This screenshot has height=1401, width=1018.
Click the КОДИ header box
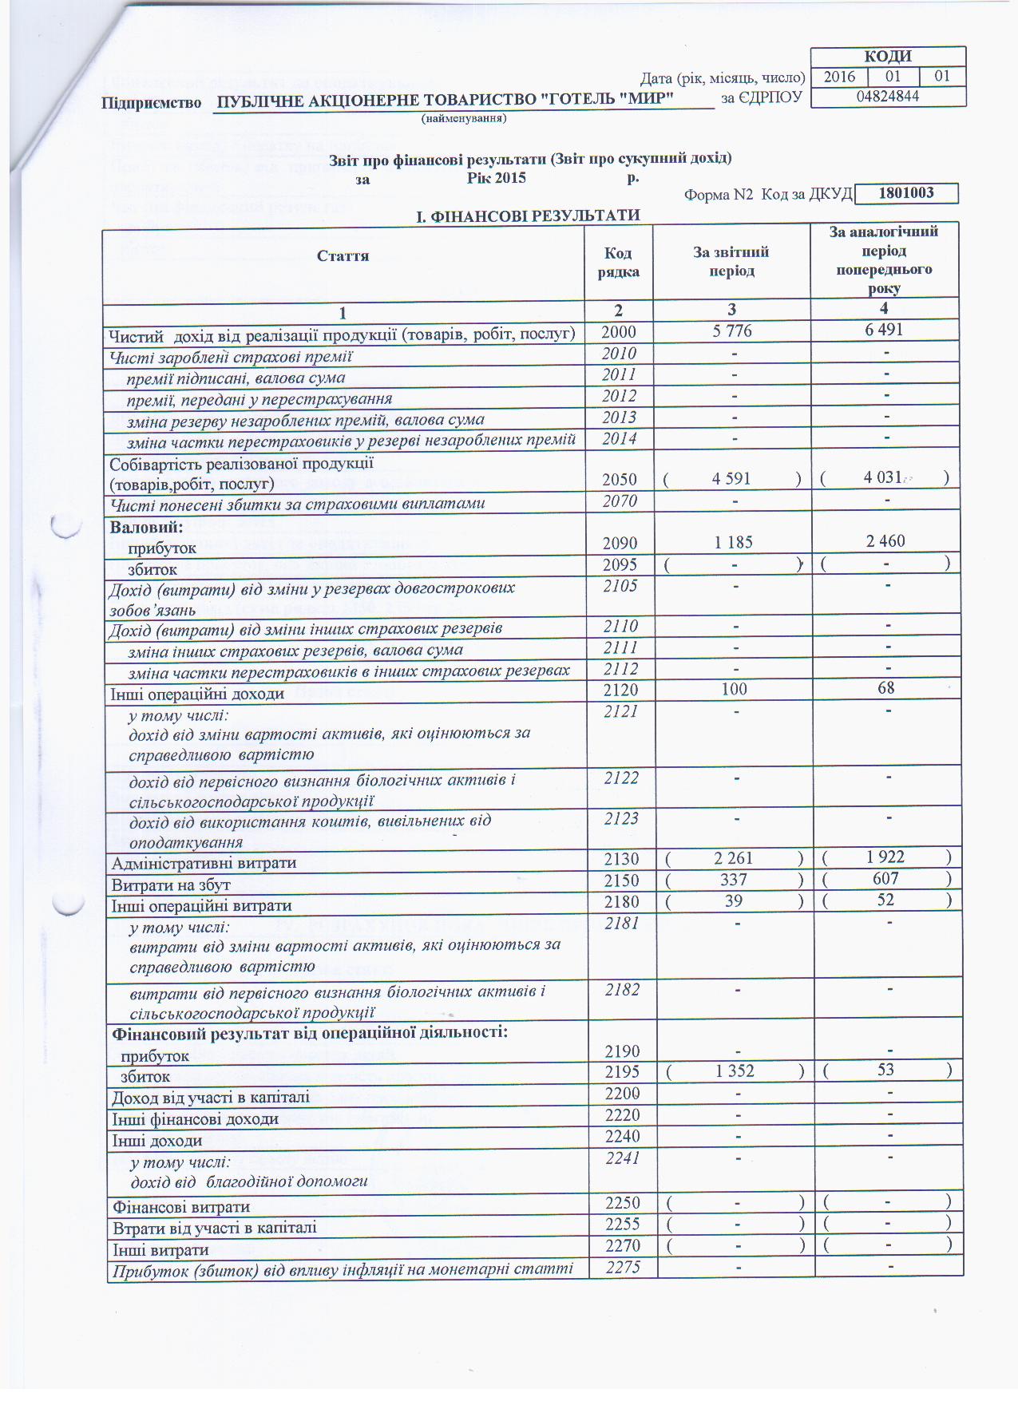pyautogui.click(x=888, y=56)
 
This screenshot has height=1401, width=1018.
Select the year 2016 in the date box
pyautogui.click(x=839, y=77)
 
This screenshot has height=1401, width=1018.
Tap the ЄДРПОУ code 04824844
pyautogui.click(x=888, y=97)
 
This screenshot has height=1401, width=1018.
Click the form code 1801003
pyautogui.click(x=905, y=193)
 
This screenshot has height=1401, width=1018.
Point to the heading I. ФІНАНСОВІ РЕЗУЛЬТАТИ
pyautogui.click(x=529, y=216)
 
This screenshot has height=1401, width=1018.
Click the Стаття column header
pyautogui.click(x=343, y=255)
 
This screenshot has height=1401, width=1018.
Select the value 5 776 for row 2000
pyautogui.click(x=732, y=330)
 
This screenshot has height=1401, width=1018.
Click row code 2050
pyautogui.click(x=620, y=479)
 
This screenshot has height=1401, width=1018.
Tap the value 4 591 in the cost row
pyautogui.click(x=732, y=478)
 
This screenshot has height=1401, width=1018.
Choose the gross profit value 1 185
pyautogui.click(x=733, y=542)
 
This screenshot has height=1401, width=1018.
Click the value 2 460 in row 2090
pyautogui.click(x=885, y=541)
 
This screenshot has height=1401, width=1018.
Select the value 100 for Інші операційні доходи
pyautogui.click(x=734, y=689)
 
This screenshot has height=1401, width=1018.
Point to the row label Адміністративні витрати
pyautogui.click(x=204, y=863)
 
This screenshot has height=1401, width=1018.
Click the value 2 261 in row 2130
pyautogui.click(x=733, y=858)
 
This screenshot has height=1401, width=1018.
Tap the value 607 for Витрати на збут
pyautogui.click(x=885, y=879)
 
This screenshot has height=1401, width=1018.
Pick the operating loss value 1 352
pyautogui.click(x=735, y=1071)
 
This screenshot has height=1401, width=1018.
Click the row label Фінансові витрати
pyautogui.click(x=180, y=1207)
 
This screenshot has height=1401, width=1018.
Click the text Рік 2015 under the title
pyautogui.click(x=496, y=177)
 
